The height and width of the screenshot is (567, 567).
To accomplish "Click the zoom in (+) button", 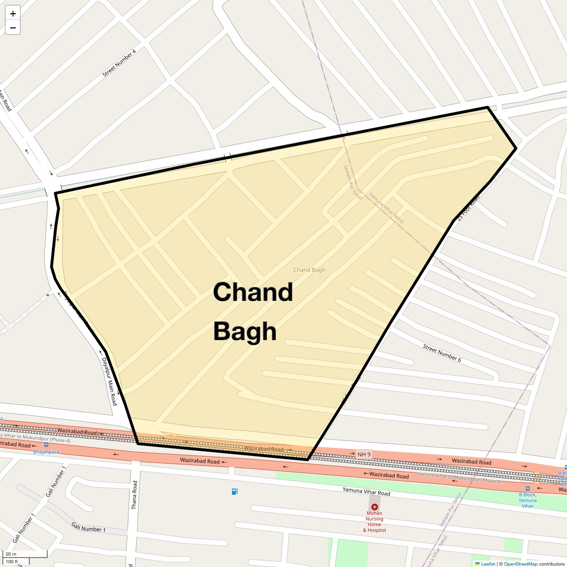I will [13, 14].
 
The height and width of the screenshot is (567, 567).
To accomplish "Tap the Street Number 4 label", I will [119, 63].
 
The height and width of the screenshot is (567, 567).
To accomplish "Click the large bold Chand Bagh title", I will [253, 311].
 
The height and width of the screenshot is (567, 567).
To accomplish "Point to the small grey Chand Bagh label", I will [309, 270].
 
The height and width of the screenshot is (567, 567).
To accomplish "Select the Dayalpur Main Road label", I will [109, 381].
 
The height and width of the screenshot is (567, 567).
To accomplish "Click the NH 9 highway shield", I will [364, 455].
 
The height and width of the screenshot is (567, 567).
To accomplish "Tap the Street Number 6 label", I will [442, 353].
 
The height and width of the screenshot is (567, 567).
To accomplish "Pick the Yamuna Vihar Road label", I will [366, 492].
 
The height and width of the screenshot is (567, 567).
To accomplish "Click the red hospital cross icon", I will [375, 507].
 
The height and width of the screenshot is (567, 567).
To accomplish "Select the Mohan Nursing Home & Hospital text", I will [374, 522].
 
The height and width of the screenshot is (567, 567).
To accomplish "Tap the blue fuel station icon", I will [235, 491].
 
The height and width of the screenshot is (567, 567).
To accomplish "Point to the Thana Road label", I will [134, 495].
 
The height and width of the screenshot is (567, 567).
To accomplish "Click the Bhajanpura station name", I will [46, 452].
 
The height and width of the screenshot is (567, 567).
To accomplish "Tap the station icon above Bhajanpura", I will [46, 445].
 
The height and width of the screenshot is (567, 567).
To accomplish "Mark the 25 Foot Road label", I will [468, 208].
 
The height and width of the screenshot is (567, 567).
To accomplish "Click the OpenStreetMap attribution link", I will [520, 564].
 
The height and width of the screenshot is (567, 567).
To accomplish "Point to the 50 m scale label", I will [11, 554].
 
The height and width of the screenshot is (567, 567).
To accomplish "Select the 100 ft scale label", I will [12, 562].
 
